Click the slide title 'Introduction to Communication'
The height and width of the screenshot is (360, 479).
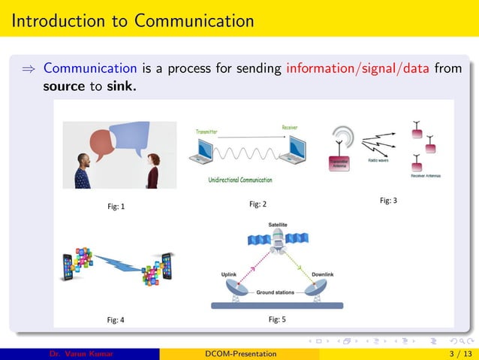click(x=133, y=20)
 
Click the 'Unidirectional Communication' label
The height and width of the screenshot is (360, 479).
click(x=240, y=180)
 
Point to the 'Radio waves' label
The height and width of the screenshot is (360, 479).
click(x=378, y=160)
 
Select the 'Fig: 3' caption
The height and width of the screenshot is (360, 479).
click(x=388, y=201)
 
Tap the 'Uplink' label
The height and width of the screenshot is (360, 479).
click(x=230, y=275)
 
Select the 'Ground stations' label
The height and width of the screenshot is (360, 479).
click(x=276, y=292)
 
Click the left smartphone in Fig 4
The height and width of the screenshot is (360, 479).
click(x=70, y=263)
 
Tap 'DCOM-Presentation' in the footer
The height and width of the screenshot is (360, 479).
click(x=240, y=354)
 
